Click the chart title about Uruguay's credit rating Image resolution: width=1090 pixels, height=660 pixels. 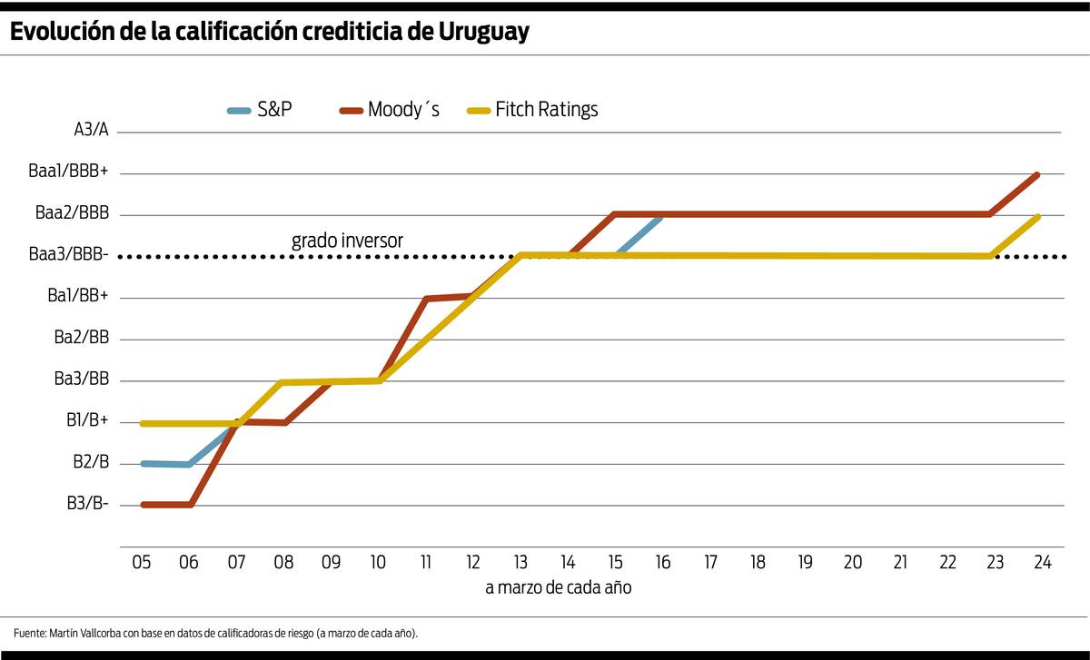point(270,32)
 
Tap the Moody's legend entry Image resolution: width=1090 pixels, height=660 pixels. point(390,110)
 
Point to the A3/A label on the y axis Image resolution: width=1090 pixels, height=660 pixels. point(91,130)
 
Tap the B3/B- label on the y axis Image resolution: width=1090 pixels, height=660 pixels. point(87,504)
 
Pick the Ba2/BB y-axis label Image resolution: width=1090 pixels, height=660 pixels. point(82,338)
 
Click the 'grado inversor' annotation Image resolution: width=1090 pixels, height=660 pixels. point(347,241)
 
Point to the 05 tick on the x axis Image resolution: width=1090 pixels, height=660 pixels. point(142,563)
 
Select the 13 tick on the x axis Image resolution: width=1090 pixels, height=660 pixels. point(520,563)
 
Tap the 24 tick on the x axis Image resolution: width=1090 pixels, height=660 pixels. point(1042,563)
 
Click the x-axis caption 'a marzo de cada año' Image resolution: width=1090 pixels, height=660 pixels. point(558,587)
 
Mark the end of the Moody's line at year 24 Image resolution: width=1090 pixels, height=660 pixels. point(1037,174)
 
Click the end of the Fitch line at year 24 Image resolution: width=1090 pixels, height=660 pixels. point(1037,217)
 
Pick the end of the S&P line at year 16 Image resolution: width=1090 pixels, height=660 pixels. point(660,217)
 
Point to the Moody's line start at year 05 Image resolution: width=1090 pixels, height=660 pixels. point(144,505)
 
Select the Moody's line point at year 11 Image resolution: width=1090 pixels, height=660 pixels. point(426,298)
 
